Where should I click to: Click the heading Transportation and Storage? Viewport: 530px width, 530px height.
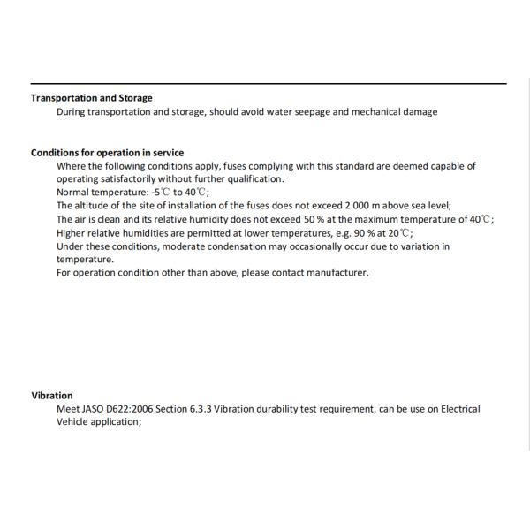coord(92,98)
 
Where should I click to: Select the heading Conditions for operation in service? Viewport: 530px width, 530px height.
coord(108,153)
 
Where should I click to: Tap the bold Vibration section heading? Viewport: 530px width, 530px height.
coord(52,396)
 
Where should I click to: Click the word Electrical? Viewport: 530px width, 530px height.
coord(460,409)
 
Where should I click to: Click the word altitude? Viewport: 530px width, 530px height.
coord(95,206)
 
